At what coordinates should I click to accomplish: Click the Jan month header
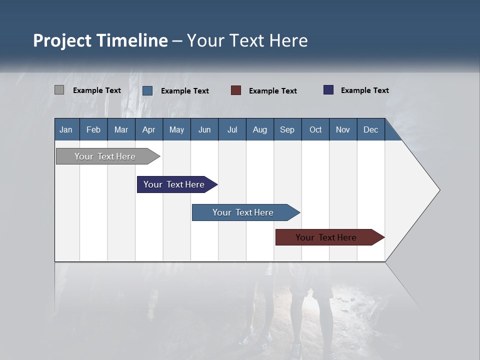[x=66, y=129]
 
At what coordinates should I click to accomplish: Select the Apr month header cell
[x=149, y=129]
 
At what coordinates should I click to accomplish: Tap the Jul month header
[x=232, y=129]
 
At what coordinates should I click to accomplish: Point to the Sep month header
[x=287, y=129]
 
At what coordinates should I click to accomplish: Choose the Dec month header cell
[x=370, y=129]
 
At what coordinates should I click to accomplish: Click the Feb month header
[x=93, y=129]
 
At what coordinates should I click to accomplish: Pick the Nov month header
[x=343, y=129]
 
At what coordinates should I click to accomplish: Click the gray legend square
[x=59, y=90]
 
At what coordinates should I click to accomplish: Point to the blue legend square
[x=147, y=90]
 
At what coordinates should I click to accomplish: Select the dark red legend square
[x=236, y=90]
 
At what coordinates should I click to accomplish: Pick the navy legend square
[x=328, y=90]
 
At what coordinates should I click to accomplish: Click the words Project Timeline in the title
[x=100, y=40]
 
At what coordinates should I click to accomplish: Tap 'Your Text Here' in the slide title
[x=247, y=40]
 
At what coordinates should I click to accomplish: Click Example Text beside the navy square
[x=364, y=90]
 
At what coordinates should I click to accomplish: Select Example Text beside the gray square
[x=97, y=90]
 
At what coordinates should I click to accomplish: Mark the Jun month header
[x=204, y=129]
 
